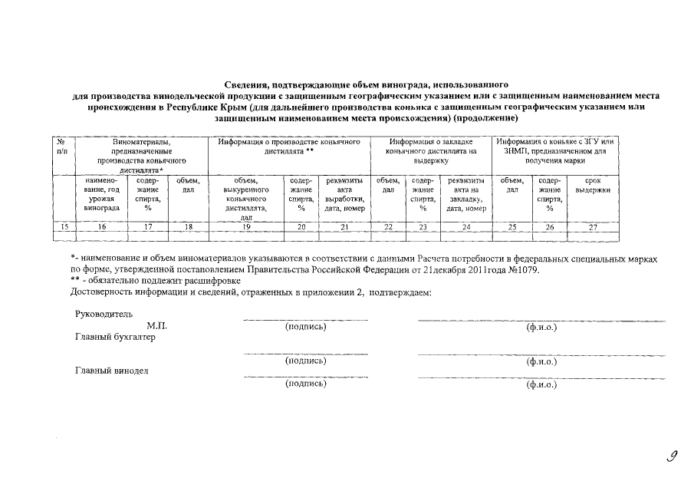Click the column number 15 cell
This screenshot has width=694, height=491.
pyautogui.click(x=64, y=226)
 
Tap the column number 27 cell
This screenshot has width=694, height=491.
pyautogui.click(x=592, y=226)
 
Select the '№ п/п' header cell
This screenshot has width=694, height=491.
pyautogui.click(x=62, y=147)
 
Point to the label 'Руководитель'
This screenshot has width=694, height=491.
pyautogui.click(x=104, y=314)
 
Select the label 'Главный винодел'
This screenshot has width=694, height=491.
pyautogui.click(x=111, y=371)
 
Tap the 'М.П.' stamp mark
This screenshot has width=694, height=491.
pyautogui.click(x=156, y=326)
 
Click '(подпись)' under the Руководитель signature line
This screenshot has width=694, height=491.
pyautogui.click(x=305, y=327)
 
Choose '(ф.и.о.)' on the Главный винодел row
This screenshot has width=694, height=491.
pyautogui.click(x=541, y=384)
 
